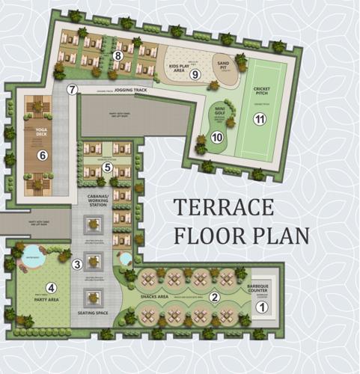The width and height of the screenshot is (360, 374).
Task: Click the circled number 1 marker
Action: [x=262, y=307]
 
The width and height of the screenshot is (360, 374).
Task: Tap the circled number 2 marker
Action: [x=215, y=297]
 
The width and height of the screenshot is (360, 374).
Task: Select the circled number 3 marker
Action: [x=76, y=263]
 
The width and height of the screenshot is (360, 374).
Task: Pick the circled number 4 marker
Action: [x=51, y=287]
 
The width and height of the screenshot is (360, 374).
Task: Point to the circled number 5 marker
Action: [x=108, y=167]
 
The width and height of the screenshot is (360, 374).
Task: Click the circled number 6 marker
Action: [x=43, y=156]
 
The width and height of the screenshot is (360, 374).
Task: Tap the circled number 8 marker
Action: [x=118, y=55]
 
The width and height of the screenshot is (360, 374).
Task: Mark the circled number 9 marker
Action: [x=195, y=74]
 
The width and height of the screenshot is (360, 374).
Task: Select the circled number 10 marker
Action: [x=217, y=137]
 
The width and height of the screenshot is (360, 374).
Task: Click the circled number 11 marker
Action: [x=260, y=119]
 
